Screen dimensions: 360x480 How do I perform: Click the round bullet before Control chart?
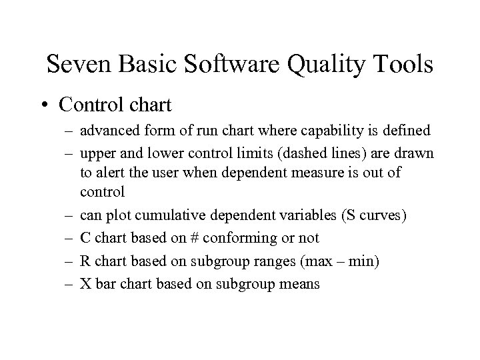[x=44, y=105]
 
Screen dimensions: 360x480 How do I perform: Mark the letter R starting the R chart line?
[x=85, y=261]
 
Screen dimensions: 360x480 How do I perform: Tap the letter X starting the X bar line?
[x=85, y=283]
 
